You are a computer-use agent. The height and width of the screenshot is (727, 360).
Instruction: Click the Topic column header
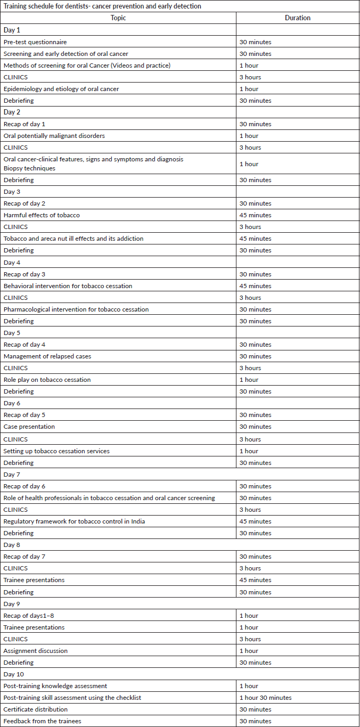(118, 18)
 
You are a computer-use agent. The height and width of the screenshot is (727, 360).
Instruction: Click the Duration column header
(298, 18)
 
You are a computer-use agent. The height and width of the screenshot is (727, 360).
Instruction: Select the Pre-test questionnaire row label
(35, 42)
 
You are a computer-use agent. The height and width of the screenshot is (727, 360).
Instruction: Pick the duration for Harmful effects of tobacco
(255, 215)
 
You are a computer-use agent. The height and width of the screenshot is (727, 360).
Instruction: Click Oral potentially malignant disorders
(54, 136)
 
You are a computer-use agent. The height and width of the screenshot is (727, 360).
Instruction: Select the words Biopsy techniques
(29, 168)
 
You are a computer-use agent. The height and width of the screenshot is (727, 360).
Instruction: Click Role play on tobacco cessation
(47, 380)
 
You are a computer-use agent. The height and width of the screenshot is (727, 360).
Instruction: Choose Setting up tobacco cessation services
(56, 451)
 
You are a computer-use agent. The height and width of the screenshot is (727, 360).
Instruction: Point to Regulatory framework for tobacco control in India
(75, 521)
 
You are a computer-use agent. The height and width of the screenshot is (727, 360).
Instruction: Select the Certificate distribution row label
(36, 709)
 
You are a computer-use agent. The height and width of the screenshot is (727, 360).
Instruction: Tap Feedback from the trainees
(42, 721)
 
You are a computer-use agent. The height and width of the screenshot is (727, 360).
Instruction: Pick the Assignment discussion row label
(36, 651)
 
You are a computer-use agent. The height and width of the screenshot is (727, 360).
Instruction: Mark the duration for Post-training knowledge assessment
(249, 686)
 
